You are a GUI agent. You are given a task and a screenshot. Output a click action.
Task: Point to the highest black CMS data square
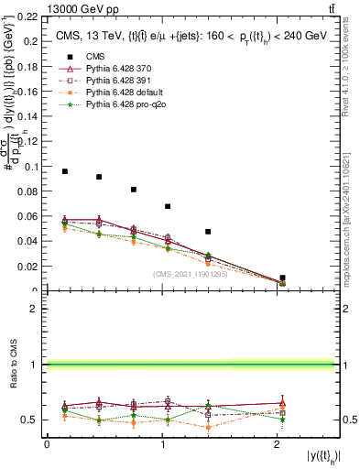tap(65, 171)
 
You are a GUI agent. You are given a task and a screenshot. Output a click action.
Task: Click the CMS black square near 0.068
tap(168, 206)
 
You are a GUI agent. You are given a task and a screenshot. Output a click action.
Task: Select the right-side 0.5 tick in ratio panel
tap(348, 420)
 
